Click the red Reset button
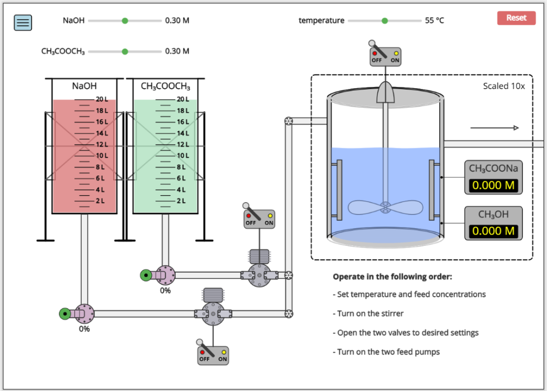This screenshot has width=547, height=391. click(516, 18)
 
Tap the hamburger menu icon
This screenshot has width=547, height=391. click(23, 22)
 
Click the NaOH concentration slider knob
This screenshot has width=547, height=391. click(125, 21)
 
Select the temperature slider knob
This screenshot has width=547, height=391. click(385, 21)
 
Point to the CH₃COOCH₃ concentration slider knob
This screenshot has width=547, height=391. click(125, 52)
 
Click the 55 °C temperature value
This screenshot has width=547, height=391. click(434, 21)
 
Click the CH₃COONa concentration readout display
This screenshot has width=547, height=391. click(493, 186)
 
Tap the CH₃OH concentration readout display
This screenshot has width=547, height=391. click(493, 231)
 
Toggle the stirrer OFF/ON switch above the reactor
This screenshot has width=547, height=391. click(385, 56)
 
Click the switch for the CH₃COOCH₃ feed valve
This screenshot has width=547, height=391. click(259, 219)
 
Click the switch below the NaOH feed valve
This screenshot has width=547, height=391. click(213, 355)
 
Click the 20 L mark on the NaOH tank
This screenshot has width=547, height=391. click(101, 99)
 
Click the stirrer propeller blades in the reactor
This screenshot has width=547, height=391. click(385, 208)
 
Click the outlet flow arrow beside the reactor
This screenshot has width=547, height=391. click(494, 128)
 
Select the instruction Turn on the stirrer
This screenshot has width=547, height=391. click(370, 314)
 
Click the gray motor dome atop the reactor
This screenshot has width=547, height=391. click(385, 92)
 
